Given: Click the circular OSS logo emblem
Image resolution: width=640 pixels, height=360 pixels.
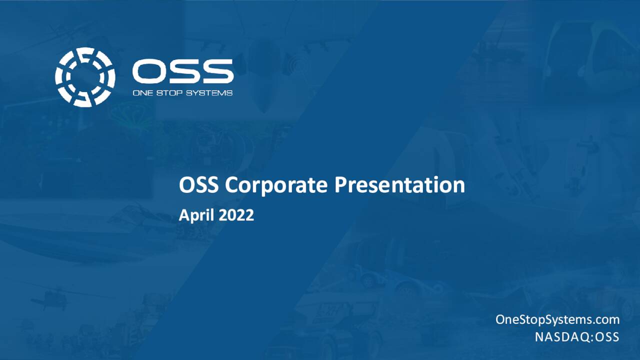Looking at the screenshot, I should tap(85, 77).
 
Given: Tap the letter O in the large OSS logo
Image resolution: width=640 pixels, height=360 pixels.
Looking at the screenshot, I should tap(148, 71).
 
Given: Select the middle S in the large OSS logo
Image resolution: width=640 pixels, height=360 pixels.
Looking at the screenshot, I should tap(183, 71).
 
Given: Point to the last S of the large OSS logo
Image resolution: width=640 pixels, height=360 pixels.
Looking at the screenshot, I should tap(216, 71).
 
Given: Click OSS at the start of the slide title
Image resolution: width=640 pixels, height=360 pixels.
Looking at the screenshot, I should tap(199, 185).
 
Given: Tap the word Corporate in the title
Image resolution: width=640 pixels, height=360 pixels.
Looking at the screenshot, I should tap(277, 185).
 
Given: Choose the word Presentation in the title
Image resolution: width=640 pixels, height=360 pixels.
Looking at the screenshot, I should tap(399, 185).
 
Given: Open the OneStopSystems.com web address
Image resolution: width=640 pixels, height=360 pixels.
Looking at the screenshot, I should tap(557, 319).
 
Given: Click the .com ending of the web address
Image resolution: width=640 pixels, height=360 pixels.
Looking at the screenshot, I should tap(606, 319).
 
